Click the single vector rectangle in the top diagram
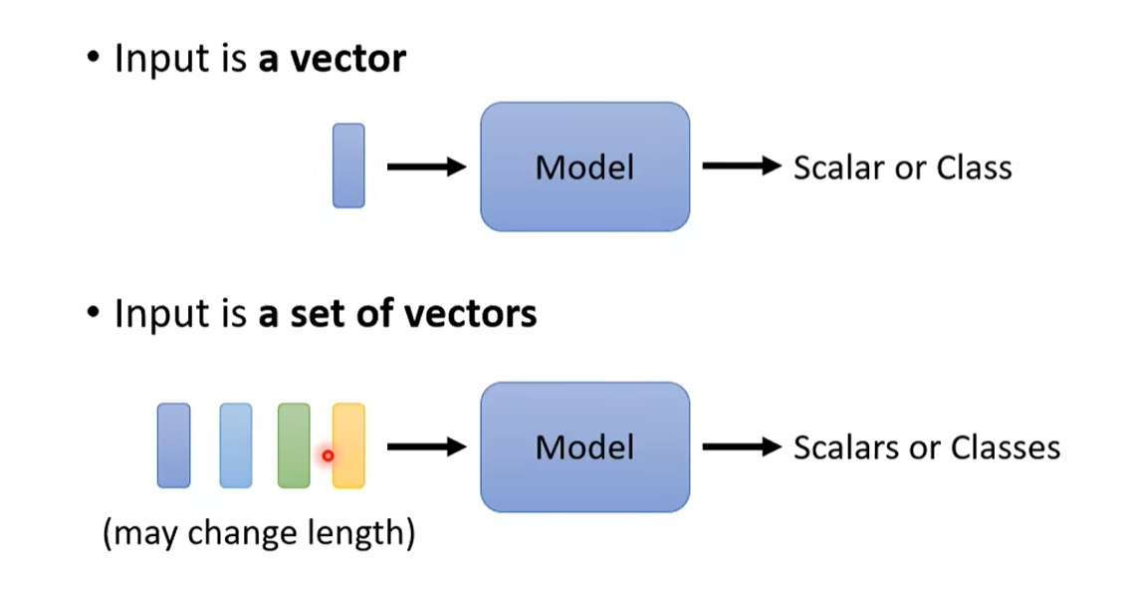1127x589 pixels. click(348, 165)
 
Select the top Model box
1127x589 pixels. click(584, 166)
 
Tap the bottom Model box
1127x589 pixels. click(584, 446)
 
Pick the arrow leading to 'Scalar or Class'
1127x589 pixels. click(741, 166)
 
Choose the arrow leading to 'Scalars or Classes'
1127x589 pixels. click(741, 446)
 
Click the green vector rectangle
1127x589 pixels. click(294, 445)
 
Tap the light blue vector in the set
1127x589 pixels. click(236, 445)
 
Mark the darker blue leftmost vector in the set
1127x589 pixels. click(173, 445)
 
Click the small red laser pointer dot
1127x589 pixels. click(328, 455)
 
